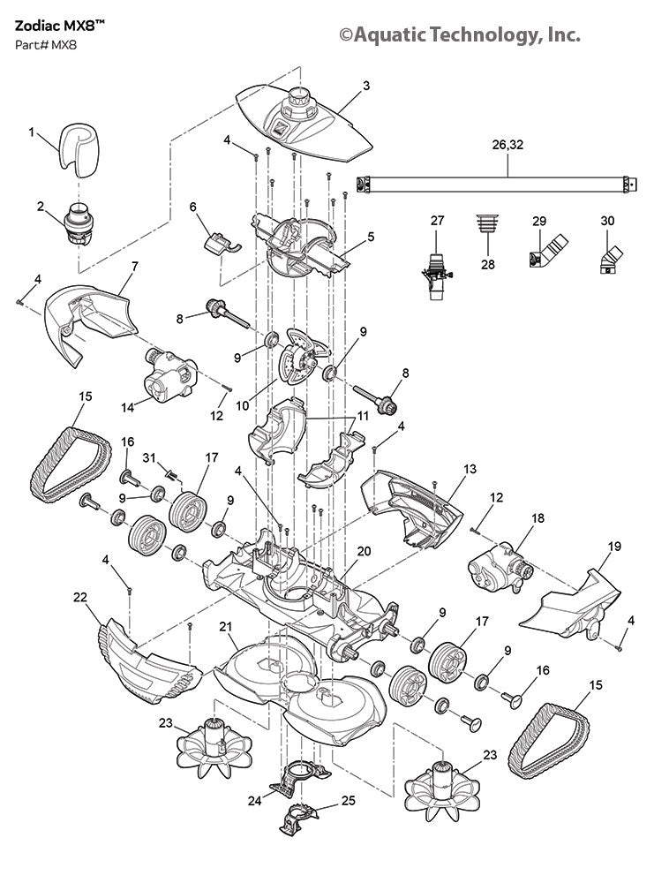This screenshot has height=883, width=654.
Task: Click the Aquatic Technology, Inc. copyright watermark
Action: pos(460,34)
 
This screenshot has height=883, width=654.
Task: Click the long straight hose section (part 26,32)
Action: pos(494,185)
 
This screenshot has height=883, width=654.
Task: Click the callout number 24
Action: pos(255,801)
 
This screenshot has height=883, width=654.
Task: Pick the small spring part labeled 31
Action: pos(173,477)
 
